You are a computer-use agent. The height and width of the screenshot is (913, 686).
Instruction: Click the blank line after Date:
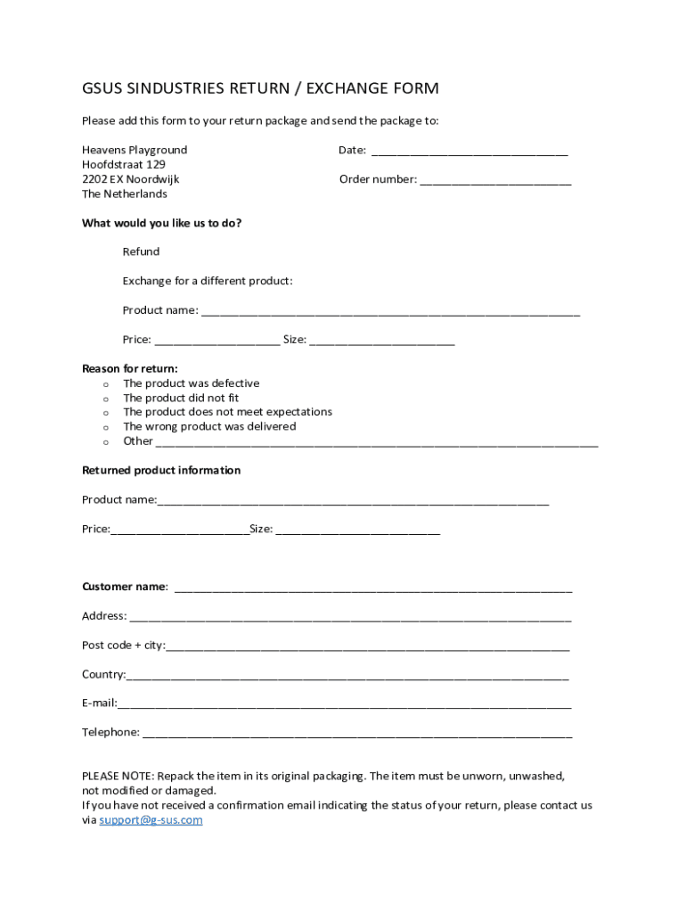(x=469, y=152)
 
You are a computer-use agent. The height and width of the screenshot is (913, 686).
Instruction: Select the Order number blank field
(x=495, y=181)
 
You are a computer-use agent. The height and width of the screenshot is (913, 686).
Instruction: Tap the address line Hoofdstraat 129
(x=123, y=165)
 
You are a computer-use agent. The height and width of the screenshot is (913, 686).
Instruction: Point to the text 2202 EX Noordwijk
(x=130, y=179)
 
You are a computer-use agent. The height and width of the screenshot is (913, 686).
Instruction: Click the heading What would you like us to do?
(x=161, y=223)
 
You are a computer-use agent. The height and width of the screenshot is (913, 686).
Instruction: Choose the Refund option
(x=141, y=251)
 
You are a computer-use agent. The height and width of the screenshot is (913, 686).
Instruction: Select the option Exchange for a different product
(x=207, y=281)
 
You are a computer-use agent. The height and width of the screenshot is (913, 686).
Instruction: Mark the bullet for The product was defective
(x=106, y=384)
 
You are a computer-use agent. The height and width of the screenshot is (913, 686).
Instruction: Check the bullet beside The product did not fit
(x=106, y=399)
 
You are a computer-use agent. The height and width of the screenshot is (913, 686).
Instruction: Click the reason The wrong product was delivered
(x=209, y=426)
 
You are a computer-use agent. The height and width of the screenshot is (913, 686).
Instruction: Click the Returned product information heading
(x=161, y=470)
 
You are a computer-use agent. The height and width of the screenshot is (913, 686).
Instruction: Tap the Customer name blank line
(x=372, y=588)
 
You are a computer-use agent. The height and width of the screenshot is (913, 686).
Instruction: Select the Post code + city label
(x=123, y=645)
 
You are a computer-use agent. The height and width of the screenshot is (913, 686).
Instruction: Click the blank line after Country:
(x=347, y=676)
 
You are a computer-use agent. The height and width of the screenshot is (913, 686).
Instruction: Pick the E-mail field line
(x=344, y=704)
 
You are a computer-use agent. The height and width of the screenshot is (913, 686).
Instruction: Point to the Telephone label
(x=110, y=732)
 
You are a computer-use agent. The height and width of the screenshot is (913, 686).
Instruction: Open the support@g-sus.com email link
(x=151, y=820)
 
